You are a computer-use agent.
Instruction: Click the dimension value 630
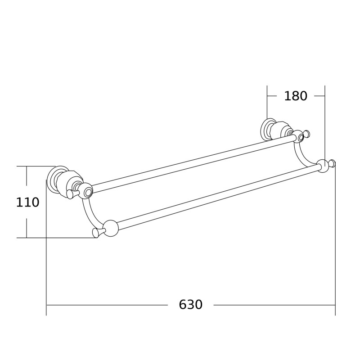(x=191, y=305)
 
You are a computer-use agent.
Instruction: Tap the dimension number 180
(x=296, y=96)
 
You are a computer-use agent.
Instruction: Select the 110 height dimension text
(x=27, y=202)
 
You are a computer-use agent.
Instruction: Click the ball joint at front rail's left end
(x=110, y=228)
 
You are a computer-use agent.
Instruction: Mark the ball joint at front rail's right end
(x=322, y=166)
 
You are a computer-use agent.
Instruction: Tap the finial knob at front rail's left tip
(x=95, y=233)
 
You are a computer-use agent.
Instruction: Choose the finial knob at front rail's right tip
(x=332, y=163)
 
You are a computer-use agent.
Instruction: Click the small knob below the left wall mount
(x=70, y=194)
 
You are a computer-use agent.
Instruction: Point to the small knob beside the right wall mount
(x=307, y=134)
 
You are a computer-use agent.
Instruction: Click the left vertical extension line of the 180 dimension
(x=267, y=103)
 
